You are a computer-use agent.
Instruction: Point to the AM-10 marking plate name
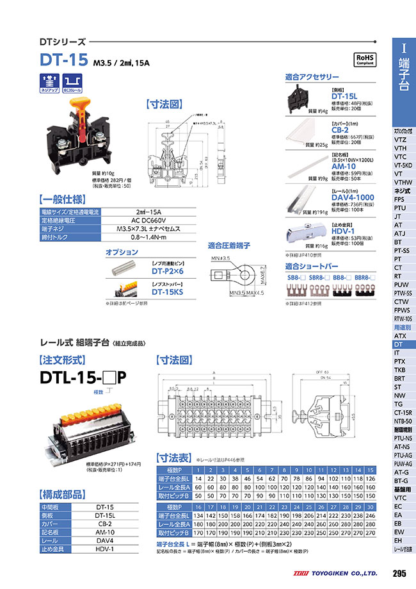pyautogui.click(x=342, y=166)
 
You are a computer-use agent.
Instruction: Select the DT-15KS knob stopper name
pyautogui.click(x=168, y=292)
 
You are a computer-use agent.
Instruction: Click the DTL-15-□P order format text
pyautogui.click(x=83, y=377)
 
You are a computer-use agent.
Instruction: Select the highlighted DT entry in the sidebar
pyautogui.click(x=397, y=344)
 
